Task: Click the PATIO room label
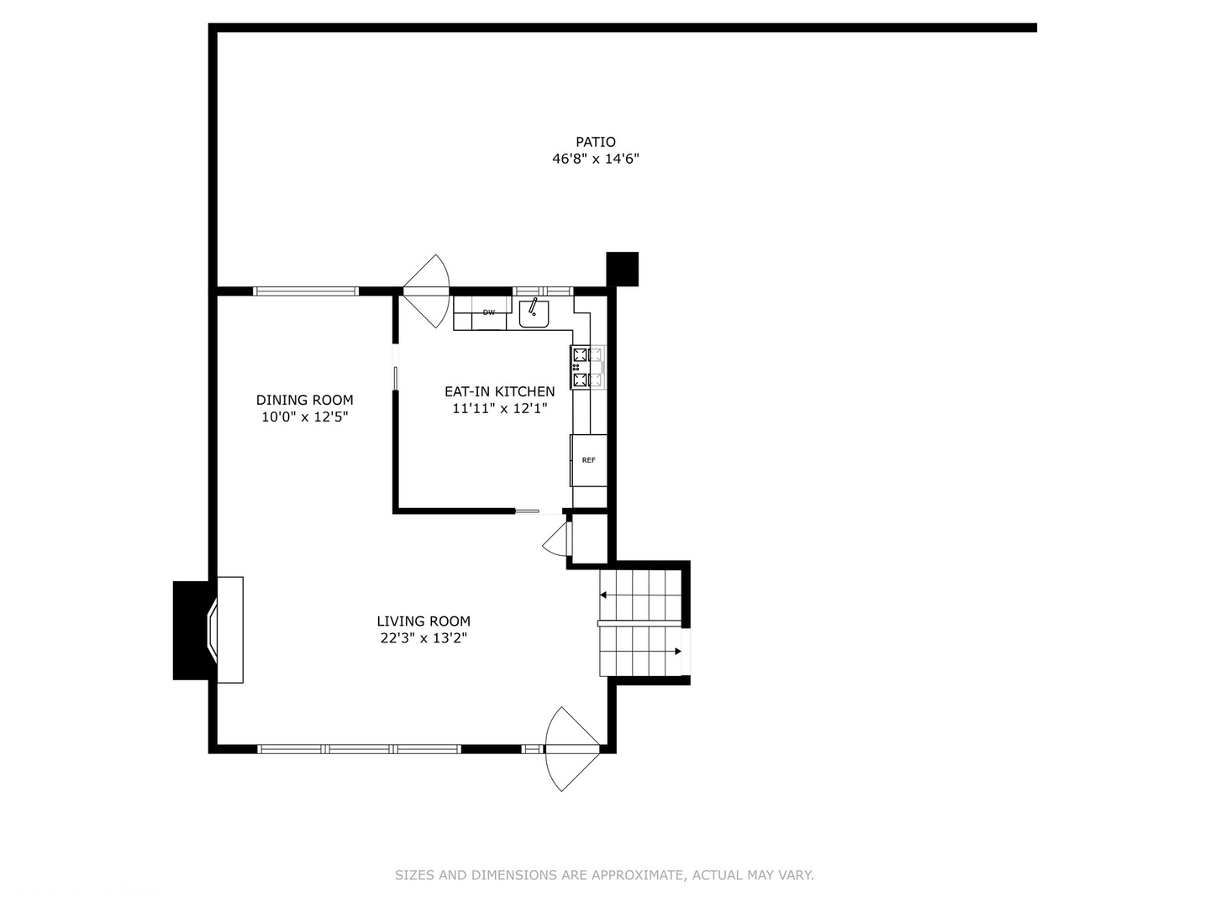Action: tap(595, 142)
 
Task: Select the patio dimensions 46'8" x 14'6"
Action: tap(595, 159)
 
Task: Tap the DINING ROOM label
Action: tap(304, 400)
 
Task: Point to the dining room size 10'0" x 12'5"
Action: tap(304, 417)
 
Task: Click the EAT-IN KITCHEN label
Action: tap(499, 391)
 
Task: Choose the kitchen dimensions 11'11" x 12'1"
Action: tap(499, 409)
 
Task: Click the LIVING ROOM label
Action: tap(423, 621)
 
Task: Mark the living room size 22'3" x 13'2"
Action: tap(423, 638)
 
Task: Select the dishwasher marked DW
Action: tap(488, 312)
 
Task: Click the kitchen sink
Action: tap(534, 312)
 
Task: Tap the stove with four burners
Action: tap(587, 368)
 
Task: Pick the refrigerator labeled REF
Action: tap(588, 460)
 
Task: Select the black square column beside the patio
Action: tap(622, 269)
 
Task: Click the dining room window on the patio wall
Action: tap(306, 291)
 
